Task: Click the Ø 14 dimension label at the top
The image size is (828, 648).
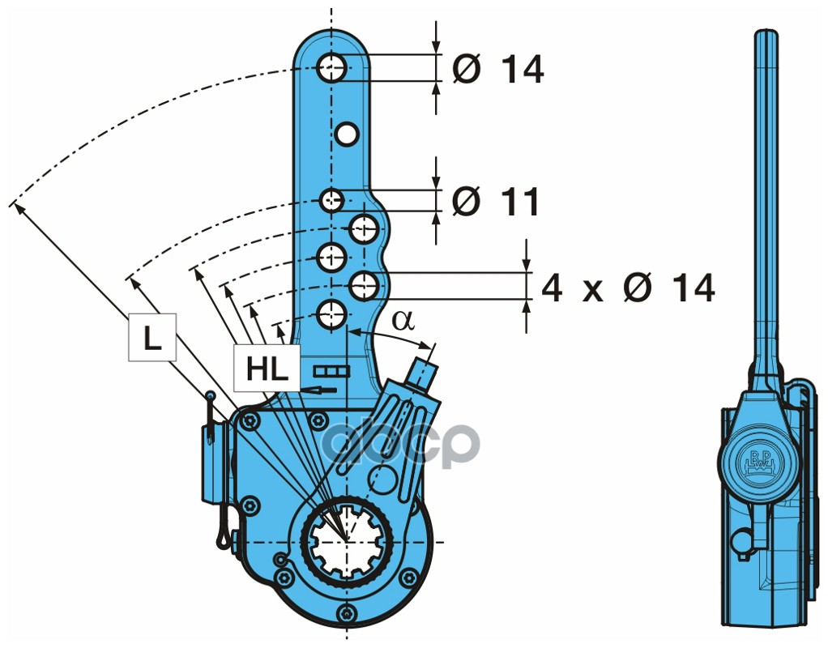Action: pyautogui.click(x=498, y=69)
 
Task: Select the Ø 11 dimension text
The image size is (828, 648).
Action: pyautogui.click(x=496, y=201)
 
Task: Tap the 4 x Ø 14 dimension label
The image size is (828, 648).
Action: pyautogui.click(x=628, y=288)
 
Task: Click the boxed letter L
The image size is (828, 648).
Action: pyautogui.click(x=152, y=338)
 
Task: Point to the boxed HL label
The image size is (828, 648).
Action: pyautogui.click(x=267, y=368)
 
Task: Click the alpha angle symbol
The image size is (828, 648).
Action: pyautogui.click(x=403, y=320)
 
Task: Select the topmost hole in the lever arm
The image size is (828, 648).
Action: pyautogui.click(x=331, y=67)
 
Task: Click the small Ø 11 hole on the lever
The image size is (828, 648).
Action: pyautogui.click(x=331, y=200)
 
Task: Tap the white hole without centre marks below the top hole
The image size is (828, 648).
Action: pyautogui.click(x=347, y=134)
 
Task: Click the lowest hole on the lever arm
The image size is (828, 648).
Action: pyautogui.click(x=331, y=315)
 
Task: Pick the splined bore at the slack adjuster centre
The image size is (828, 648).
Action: pyautogui.click(x=346, y=542)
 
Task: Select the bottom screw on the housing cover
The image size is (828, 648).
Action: pyautogui.click(x=346, y=612)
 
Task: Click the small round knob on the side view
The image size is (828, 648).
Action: pyautogui.click(x=742, y=541)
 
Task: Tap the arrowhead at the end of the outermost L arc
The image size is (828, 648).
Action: pyautogui.click(x=18, y=207)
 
